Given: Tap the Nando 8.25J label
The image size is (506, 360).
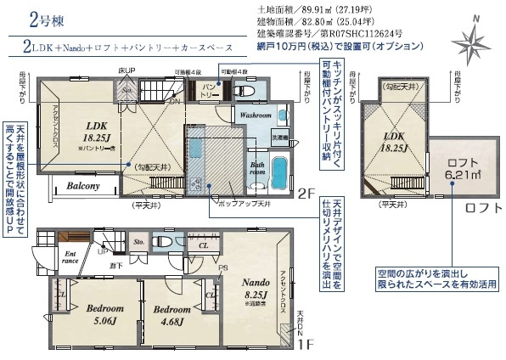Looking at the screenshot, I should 254,293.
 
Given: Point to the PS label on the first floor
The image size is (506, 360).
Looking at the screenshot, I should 222,269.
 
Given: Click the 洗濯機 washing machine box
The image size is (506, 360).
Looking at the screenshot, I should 280,136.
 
